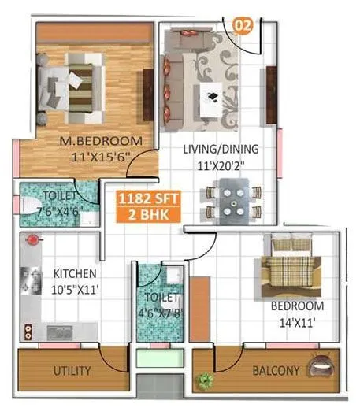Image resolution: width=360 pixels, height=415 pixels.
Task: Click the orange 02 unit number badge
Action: pyautogui.click(x=243, y=25)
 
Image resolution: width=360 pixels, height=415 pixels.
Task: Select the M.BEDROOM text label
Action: pyautogui.click(x=101, y=141)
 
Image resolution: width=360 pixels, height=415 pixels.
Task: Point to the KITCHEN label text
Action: pyautogui.click(x=76, y=273)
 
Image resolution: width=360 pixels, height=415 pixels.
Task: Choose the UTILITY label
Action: pyautogui.click(x=72, y=371)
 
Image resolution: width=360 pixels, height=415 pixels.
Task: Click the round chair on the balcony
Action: pyautogui.click(x=321, y=366)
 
